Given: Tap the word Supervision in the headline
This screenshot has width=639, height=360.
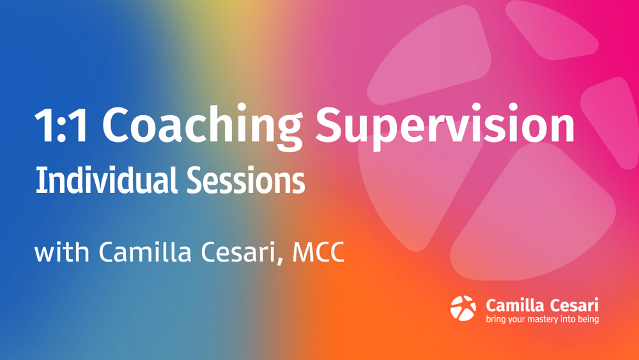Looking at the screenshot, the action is pyautogui.click(x=445, y=127).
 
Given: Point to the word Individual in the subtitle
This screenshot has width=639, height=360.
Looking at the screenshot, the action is pyautogui.click(x=106, y=180).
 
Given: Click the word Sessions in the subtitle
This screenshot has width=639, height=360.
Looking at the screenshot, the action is pyautogui.click(x=246, y=180).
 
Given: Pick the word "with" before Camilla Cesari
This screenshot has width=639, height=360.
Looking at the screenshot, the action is pyautogui.click(x=61, y=251).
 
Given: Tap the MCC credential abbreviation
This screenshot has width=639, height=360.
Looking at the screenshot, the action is pyautogui.click(x=318, y=252).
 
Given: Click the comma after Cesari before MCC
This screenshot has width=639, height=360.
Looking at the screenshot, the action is pyautogui.click(x=281, y=260).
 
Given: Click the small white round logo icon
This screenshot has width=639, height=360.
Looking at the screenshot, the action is pyautogui.click(x=463, y=308).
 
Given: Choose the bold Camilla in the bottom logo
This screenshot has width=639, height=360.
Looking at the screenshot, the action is pyautogui.click(x=515, y=305).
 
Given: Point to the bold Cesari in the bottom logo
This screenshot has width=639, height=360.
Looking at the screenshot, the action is pyautogui.click(x=574, y=306).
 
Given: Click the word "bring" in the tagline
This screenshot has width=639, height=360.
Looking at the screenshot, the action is pyautogui.click(x=496, y=319).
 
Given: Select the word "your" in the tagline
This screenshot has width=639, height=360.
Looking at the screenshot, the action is pyautogui.click(x=516, y=320).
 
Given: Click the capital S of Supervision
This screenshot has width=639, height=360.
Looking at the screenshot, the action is pyautogui.click(x=330, y=124).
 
